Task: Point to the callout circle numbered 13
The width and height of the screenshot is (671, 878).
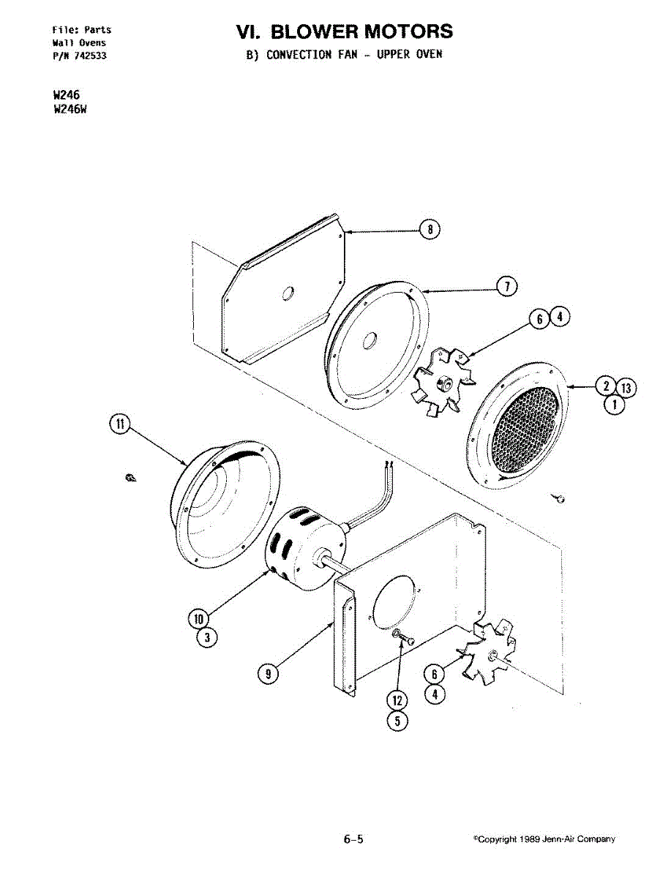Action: (626, 388)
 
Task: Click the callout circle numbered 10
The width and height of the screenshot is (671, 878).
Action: (198, 618)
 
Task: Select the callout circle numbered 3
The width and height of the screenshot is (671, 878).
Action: (207, 638)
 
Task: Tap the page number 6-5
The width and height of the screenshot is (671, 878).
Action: (353, 839)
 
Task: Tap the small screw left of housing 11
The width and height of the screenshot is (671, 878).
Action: (130, 478)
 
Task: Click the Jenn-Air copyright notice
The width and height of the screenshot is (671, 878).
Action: (544, 839)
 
